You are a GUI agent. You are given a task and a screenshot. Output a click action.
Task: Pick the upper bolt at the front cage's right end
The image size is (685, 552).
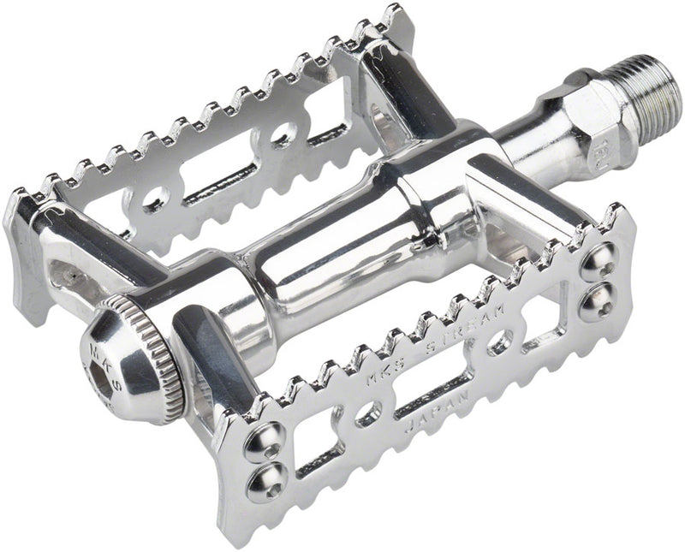click(x=596, y=260)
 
